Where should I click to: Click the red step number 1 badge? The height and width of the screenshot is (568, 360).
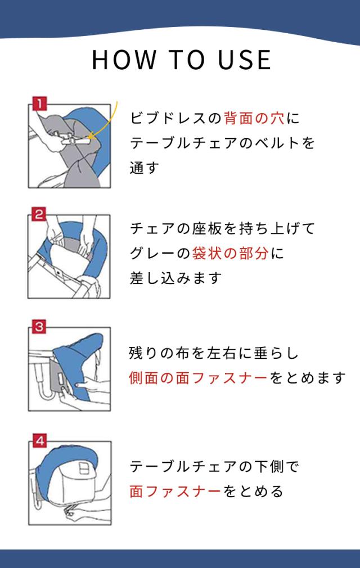pyautogui.click(x=39, y=103)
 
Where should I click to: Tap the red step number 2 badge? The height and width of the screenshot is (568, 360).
pyautogui.click(x=39, y=214)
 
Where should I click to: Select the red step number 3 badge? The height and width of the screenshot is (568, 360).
pyautogui.click(x=39, y=326)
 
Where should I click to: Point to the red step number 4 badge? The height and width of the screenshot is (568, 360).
pyautogui.click(x=40, y=441)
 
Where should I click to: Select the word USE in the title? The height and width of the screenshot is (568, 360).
pyautogui.click(x=245, y=60)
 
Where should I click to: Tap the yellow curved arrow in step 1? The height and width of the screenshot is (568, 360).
pyautogui.click(x=107, y=123)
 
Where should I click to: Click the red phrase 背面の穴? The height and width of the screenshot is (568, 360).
pyautogui.click(x=254, y=118)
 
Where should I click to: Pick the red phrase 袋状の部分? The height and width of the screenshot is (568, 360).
pyautogui.click(x=230, y=253)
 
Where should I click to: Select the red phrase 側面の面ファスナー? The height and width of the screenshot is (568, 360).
pyautogui.click(x=198, y=378)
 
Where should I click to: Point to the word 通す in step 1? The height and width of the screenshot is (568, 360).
pyautogui.click(x=145, y=168)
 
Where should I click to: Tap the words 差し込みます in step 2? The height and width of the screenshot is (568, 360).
pyautogui.click(x=175, y=278)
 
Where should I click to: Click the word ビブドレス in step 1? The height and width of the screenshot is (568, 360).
pyautogui.click(x=168, y=118)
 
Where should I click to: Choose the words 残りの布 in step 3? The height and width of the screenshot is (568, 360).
pyautogui.click(x=159, y=353)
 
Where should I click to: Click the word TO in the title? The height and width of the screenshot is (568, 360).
pyautogui.click(x=187, y=60)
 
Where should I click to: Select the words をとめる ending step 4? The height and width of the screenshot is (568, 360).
pyautogui.click(x=253, y=491)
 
